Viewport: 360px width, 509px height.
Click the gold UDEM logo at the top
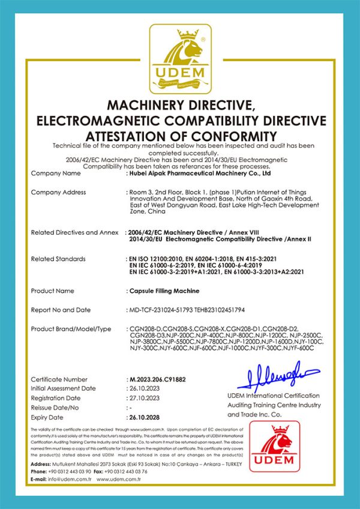click(179, 59)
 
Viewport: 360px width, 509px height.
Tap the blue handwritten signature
click(277, 375)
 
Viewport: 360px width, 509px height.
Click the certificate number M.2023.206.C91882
click(158, 379)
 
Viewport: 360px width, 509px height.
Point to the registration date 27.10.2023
click(145, 398)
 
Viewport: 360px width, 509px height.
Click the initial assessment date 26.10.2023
click(145, 388)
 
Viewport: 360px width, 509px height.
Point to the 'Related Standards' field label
click(58, 259)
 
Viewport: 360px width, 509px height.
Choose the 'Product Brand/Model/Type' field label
click(71, 329)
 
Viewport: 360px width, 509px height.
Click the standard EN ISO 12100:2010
click(161, 259)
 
